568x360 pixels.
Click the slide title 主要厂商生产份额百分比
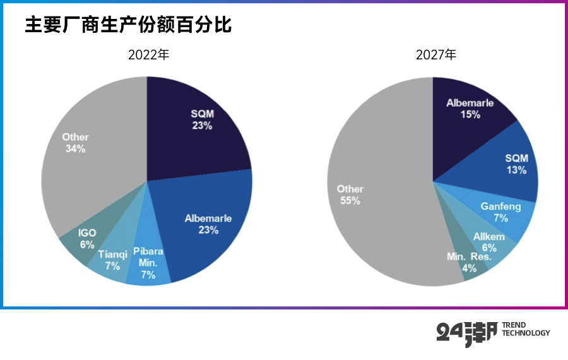point(129,25)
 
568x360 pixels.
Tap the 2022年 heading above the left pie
point(148,55)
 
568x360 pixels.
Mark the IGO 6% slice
point(85,237)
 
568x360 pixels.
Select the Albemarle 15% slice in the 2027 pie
point(467,111)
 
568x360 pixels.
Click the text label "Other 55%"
point(350,195)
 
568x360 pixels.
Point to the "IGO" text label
point(87,233)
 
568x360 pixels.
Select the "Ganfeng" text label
point(499,207)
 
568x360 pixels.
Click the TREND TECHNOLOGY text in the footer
point(525,329)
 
